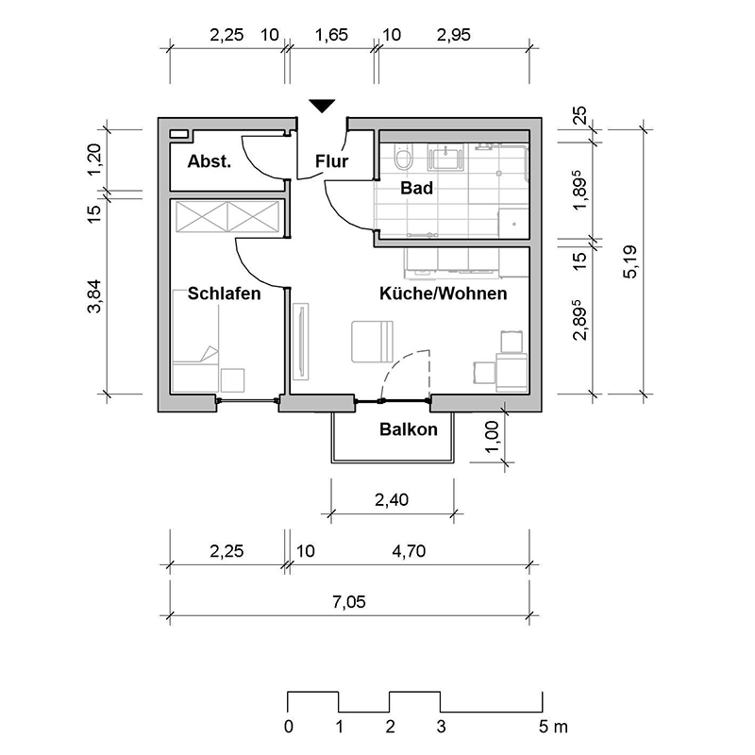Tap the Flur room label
[332, 161]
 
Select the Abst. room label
[210, 161]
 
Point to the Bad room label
[416, 188]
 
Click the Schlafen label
[224, 294]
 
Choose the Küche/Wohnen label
[443, 294]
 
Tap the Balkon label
[409, 429]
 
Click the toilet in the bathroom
[403, 157]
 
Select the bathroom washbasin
[446, 158]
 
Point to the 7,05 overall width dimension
[349, 602]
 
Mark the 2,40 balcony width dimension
[392, 500]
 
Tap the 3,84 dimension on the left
[94, 296]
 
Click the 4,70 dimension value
[409, 551]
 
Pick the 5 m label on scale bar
[553, 727]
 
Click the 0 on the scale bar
[288, 727]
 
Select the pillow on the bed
[210, 353]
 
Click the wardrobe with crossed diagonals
[227, 216]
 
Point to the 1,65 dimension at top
[331, 35]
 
